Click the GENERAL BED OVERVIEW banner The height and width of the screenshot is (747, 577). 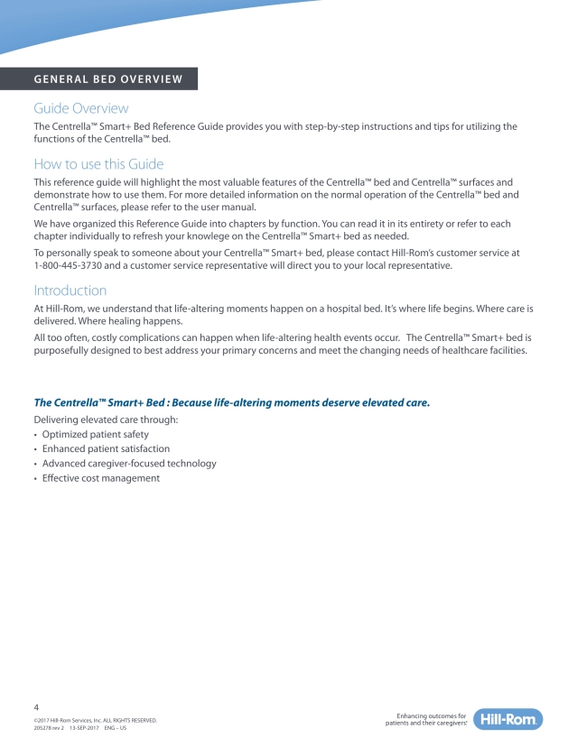(x=107, y=78)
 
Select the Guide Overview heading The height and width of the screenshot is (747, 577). (x=80, y=108)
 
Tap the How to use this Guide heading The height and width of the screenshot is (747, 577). (x=98, y=164)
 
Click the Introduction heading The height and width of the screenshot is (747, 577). (x=70, y=290)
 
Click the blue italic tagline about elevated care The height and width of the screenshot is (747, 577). (x=231, y=401)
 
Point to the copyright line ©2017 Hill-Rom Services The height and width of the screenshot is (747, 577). (x=94, y=720)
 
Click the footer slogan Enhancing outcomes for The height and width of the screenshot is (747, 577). (x=431, y=715)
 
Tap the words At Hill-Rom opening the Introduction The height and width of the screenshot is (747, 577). (x=60, y=309)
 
